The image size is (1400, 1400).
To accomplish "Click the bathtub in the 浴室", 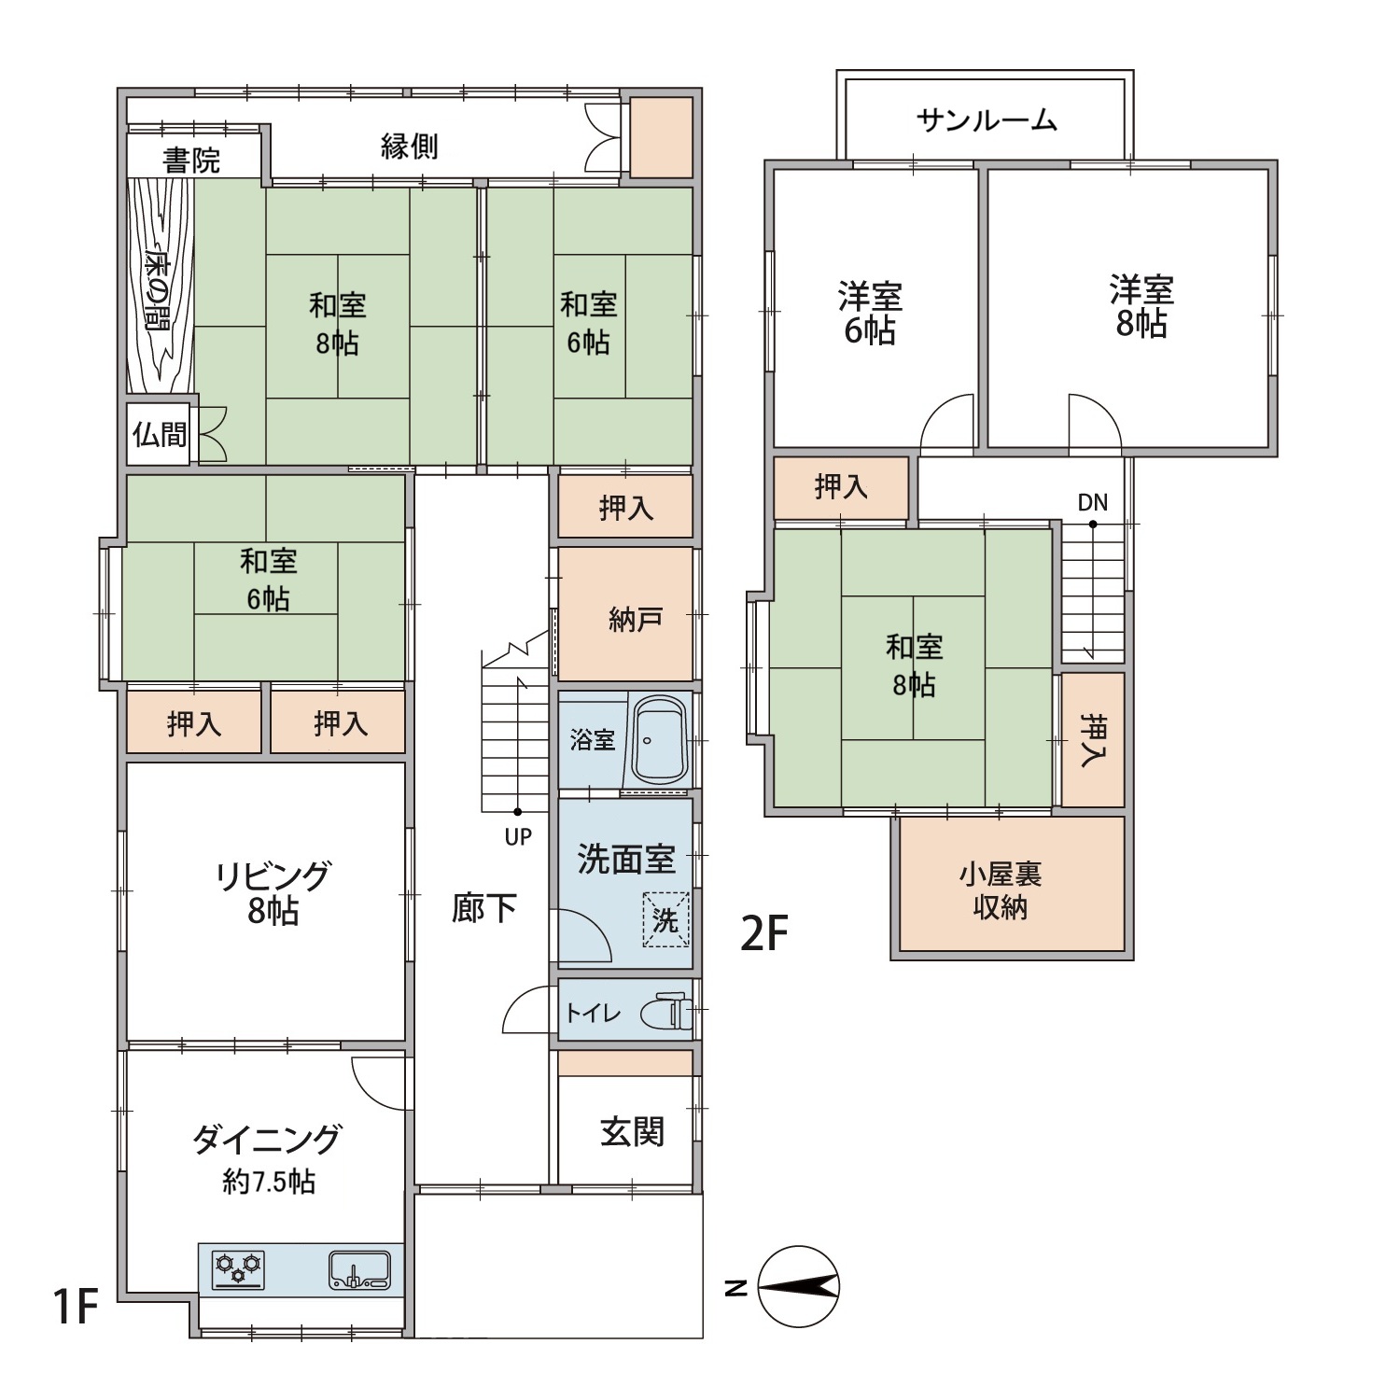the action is click(x=660, y=740).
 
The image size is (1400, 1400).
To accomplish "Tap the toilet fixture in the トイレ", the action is click(x=668, y=1012).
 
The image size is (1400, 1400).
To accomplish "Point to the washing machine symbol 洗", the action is click(x=665, y=920).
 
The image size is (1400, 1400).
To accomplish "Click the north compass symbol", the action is click(x=798, y=1287).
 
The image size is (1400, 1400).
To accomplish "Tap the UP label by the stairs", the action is click(x=518, y=837).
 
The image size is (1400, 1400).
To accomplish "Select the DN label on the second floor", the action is click(x=1092, y=502).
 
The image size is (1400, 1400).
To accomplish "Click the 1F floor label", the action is click(x=75, y=1305).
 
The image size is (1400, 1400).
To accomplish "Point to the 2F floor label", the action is click(x=764, y=933).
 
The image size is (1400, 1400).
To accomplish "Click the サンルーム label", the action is click(x=987, y=119).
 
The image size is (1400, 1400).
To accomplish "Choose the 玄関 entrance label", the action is click(x=632, y=1132).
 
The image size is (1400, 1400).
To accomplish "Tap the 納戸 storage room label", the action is click(x=636, y=619).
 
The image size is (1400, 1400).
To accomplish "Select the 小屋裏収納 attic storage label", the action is click(x=1000, y=890).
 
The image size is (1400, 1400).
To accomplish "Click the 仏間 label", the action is click(x=160, y=434).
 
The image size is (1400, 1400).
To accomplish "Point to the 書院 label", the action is click(x=191, y=161).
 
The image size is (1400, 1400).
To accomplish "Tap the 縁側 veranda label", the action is click(x=409, y=147).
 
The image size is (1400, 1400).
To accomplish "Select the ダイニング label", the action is click(x=267, y=1140).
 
